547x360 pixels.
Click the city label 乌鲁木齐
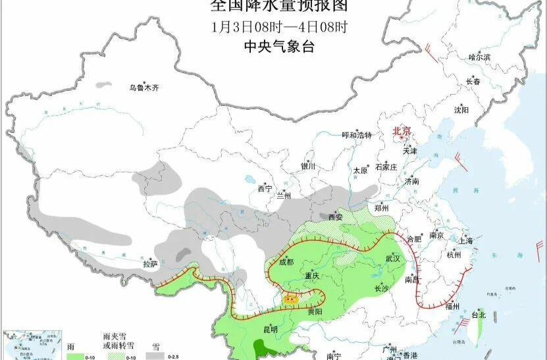143,87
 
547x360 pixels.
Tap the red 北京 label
402,132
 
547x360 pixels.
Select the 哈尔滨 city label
479,57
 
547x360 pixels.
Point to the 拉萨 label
150,264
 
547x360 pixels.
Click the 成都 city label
286,262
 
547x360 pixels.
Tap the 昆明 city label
270,329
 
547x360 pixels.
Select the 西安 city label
336,217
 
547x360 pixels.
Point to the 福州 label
452,306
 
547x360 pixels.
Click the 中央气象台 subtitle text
279,47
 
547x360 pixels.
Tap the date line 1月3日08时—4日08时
279,27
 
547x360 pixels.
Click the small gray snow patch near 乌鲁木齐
104,85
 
